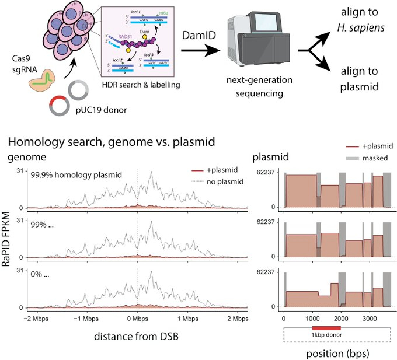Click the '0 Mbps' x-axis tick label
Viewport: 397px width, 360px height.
click(x=137, y=319)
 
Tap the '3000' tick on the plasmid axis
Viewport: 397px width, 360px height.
click(x=368, y=319)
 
